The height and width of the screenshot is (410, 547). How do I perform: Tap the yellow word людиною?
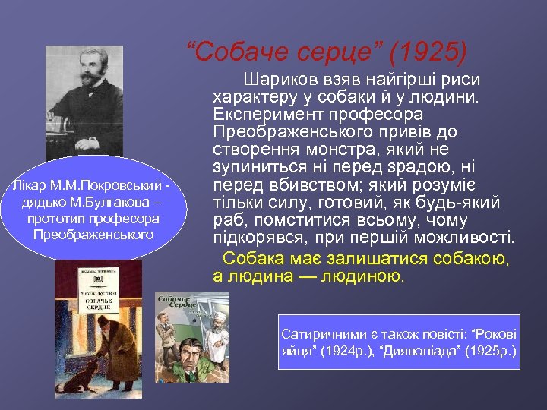pyautogui.click(x=365, y=276)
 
